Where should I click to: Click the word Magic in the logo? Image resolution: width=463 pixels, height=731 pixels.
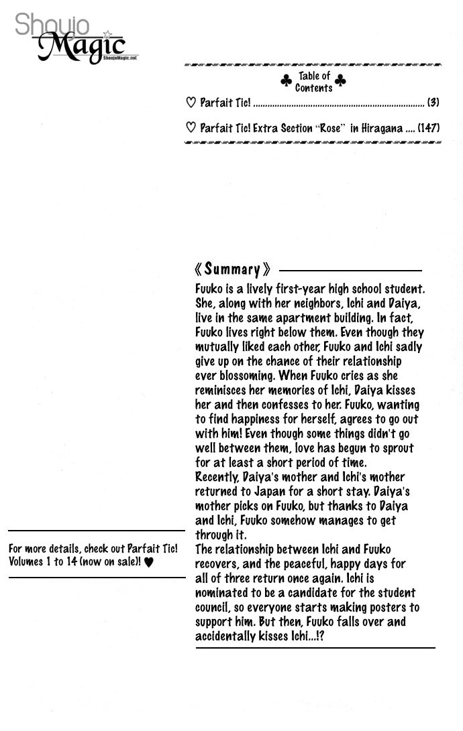[81, 47]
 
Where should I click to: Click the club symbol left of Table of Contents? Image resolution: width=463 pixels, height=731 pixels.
[286, 82]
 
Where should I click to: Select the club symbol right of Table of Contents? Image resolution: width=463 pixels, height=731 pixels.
[340, 82]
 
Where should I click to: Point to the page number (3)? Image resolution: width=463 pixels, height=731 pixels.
[433, 103]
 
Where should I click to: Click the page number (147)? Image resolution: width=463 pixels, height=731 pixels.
[428, 128]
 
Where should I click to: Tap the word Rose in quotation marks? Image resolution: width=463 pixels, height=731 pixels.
[330, 128]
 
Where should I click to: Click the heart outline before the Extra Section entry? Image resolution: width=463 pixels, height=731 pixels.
[191, 128]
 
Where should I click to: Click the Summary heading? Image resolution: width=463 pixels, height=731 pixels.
[232, 269]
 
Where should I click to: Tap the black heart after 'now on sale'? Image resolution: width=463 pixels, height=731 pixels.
[149, 562]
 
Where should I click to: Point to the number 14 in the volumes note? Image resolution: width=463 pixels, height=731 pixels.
[61, 561]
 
